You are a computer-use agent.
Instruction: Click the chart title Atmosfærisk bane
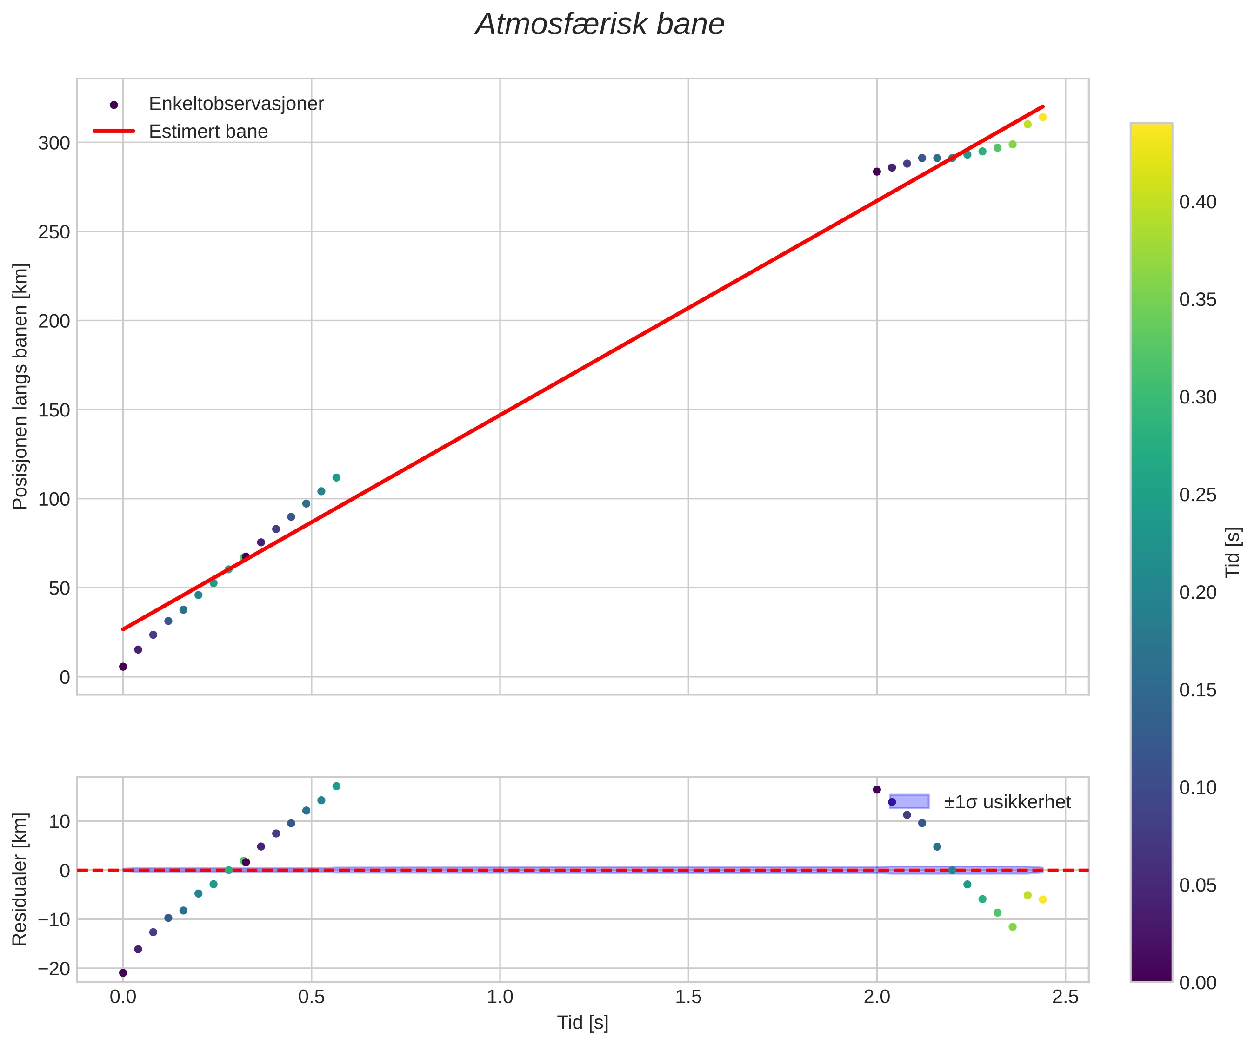coord(600,25)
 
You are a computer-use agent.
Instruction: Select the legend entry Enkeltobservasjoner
coord(236,104)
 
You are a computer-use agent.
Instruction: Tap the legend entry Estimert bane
coord(208,132)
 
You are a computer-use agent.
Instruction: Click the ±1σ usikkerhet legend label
coord(1007,802)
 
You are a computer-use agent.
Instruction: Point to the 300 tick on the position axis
coord(54,143)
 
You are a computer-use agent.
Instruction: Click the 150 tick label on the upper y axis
coord(54,410)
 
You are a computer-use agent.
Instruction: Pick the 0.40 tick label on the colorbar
coord(1197,202)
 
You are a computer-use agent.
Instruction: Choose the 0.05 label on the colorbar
coord(1197,885)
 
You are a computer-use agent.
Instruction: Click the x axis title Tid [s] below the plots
coord(583,1023)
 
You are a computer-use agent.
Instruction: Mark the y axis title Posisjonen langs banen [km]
coord(20,386)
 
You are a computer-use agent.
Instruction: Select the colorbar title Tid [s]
coord(1234,552)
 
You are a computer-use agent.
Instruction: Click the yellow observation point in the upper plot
coord(1043,118)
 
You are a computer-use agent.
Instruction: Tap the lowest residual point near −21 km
coord(123,973)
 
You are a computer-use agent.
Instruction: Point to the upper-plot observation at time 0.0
coord(123,667)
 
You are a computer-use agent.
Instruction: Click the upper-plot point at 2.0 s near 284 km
coord(877,172)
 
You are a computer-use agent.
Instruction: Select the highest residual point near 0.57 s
coord(336,786)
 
